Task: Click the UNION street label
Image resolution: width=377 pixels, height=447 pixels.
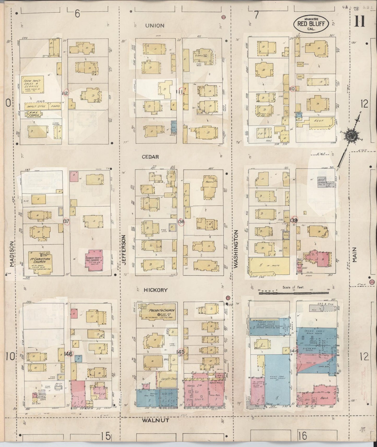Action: coord(155,26)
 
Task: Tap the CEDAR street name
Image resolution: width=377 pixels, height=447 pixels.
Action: coord(150,157)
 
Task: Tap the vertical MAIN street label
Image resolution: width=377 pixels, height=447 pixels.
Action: coord(355,254)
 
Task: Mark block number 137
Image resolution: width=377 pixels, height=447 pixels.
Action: coord(66,221)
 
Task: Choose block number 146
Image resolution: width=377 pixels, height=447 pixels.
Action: coord(68,354)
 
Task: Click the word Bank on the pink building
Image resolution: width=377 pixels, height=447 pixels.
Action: coord(325,398)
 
